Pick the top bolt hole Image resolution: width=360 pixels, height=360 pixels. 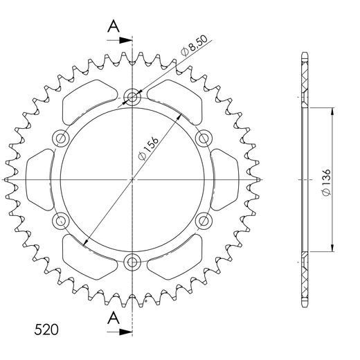(132, 97)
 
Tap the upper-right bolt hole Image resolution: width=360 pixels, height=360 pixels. (204, 138)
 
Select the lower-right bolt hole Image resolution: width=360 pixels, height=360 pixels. (204, 221)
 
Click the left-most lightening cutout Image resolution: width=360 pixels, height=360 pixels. (38, 179)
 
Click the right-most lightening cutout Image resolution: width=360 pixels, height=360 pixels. (226, 179)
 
